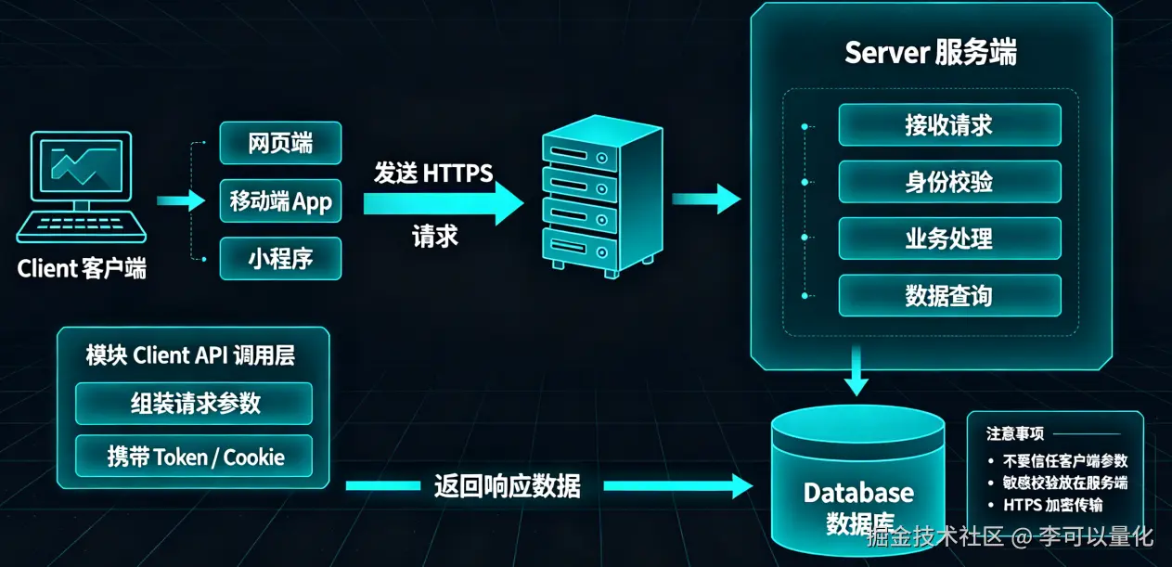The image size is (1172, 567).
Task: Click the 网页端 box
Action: (x=280, y=143)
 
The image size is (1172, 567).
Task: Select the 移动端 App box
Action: (x=280, y=200)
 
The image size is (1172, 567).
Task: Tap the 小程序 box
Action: (x=280, y=258)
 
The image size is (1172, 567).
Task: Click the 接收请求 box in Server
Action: (x=949, y=125)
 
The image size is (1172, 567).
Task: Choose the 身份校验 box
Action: (x=949, y=182)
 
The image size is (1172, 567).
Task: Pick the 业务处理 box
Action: (x=949, y=238)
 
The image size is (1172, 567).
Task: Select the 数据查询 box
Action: (x=949, y=295)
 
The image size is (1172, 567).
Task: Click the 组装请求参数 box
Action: (x=194, y=404)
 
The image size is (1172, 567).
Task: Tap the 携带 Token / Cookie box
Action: (x=194, y=457)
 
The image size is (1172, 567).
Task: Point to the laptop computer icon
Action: (x=81, y=187)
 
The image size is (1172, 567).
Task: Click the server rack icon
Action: (x=602, y=196)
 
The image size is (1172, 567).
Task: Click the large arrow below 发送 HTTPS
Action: (x=444, y=203)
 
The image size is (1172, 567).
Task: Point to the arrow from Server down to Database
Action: (x=856, y=370)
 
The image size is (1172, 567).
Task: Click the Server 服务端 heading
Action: (x=931, y=53)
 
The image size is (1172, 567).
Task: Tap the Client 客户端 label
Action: (x=82, y=269)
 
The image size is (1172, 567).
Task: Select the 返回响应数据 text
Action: (x=507, y=486)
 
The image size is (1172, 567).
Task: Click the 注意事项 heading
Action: (x=1015, y=433)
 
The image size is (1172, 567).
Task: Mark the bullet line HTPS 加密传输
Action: (x=1052, y=505)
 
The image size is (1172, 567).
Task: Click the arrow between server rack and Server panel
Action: (x=706, y=199)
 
